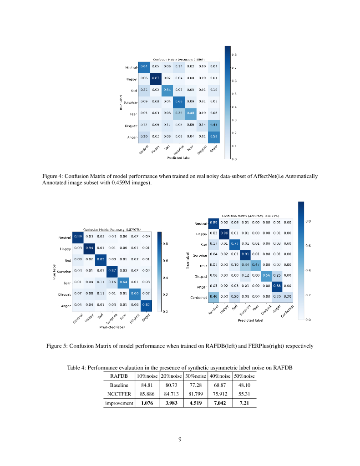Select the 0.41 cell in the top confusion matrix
point(214,124)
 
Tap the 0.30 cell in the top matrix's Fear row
point(179,113)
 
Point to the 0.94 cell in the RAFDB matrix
point(90,248)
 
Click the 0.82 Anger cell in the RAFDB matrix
point(146,304)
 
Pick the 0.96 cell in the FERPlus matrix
point(224,233)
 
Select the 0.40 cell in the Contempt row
point(213,297)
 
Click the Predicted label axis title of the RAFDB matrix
point(112,327)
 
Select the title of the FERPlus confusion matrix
point(250,216)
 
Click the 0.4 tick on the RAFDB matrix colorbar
point(165,277)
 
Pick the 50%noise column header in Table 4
point(244,376)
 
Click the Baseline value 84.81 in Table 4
point(147,385)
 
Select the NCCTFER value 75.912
point(220,394)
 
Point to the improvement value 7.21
point(244,403)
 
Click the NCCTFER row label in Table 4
point(119,394)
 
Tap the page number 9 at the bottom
point(180,439)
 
